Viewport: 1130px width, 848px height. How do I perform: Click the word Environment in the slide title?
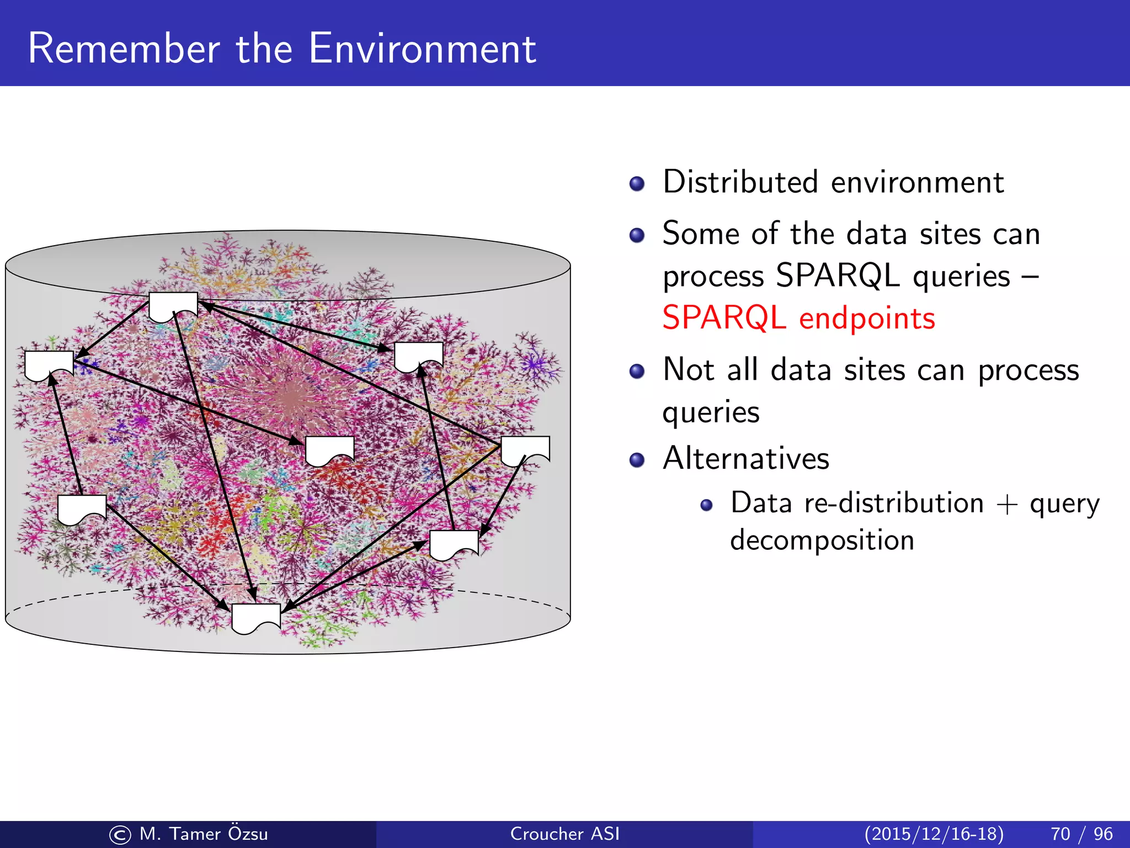point(422,49)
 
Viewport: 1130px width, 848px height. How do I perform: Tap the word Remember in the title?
point(124,49)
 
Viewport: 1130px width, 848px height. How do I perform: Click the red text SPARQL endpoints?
point(798,318)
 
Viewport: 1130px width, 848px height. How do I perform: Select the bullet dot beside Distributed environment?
point(637,183)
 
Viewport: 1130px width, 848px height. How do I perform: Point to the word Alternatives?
point(746,458)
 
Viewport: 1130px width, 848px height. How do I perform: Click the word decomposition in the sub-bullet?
point(822,540)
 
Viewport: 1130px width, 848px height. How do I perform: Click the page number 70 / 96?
point(1081,834)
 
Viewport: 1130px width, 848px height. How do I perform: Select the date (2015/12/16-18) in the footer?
point(934,834)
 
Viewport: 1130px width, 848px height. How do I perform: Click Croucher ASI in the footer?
point(564,834)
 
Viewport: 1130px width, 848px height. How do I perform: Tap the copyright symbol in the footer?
point(120,835)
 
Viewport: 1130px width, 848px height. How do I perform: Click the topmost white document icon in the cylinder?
point(173,306)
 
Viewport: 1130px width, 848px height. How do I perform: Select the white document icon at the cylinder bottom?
point(256,617)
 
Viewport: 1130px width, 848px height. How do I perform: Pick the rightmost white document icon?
point(525,449)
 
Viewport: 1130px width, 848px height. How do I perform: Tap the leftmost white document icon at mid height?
point(49,364)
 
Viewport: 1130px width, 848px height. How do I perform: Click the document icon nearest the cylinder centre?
point(329,450)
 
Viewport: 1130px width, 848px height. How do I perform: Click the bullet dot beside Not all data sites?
point(637,371)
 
